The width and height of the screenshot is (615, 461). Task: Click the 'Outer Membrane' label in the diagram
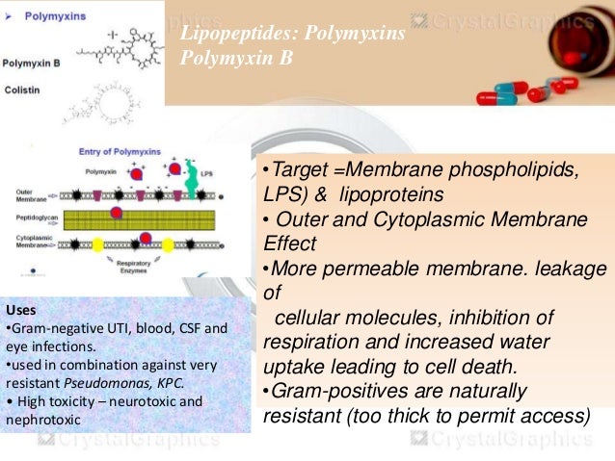pyautogui.click(x=32, y=193)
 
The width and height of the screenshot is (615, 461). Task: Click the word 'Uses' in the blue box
pyautogui.click(x=20, y=310)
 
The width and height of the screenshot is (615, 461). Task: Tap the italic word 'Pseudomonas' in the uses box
pyautogui.click(x=119, y=382)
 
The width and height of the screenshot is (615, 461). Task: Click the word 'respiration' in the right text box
pyautogui.click(x=307, y=342)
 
